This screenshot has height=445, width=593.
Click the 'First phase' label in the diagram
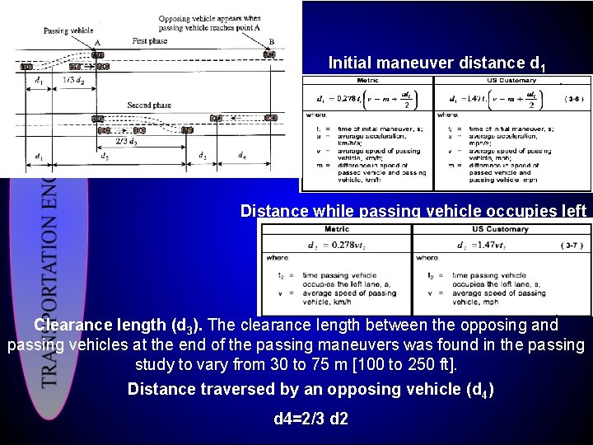point(149,40)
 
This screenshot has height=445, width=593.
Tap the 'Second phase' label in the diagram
point(149,105)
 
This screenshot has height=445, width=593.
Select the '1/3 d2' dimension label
point(73,80)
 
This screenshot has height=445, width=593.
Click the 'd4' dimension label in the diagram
point(241,155)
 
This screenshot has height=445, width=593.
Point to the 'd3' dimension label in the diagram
point(203,155)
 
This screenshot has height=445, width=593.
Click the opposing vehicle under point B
point(268,54)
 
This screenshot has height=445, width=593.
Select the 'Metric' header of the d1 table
point(367,81)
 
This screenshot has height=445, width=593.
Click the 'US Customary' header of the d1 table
point(511,81)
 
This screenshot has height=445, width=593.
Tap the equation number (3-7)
point(573,245)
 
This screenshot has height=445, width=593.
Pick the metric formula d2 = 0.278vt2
point(336,245)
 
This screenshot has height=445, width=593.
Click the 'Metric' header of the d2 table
point(336,228)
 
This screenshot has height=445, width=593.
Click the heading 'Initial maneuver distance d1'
point(437,63)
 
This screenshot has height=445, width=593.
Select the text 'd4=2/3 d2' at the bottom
point(311,419)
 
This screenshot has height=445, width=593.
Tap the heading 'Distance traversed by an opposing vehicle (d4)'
point(311,389)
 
